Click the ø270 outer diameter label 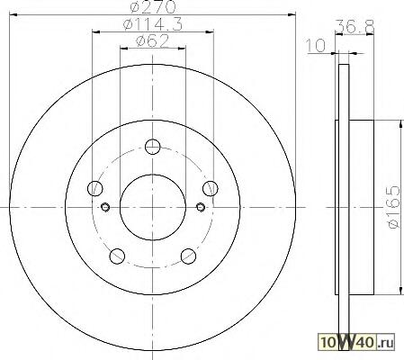[153, 7]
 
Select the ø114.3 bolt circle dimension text [153, 24]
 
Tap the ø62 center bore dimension [153, 41]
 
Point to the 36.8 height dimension [355, 26]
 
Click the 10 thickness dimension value [316, 46]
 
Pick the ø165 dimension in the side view [394, 207]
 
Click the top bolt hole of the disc [153, 147]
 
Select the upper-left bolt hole [95, 188]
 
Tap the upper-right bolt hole [211, 188]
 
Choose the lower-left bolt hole [117, 256]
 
